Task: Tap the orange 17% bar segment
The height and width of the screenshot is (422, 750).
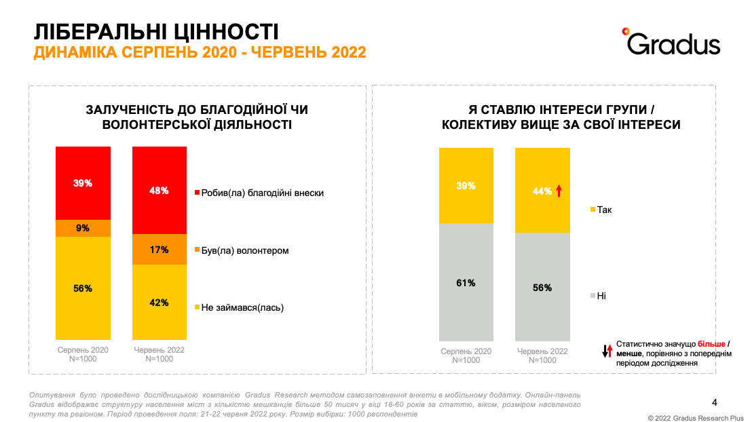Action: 160,249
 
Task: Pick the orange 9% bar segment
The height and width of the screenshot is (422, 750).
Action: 83,228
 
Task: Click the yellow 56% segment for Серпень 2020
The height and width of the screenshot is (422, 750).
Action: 83,288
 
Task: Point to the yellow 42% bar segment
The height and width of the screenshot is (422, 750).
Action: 160,302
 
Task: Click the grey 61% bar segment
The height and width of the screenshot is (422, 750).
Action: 466,282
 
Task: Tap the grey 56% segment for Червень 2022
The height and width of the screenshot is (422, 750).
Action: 542,287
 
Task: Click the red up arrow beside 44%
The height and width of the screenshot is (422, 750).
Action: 559,191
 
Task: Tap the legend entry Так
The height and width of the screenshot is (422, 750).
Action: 601,210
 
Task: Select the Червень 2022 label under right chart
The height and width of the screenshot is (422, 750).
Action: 542,351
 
